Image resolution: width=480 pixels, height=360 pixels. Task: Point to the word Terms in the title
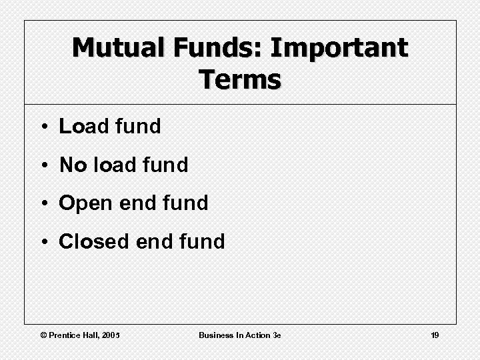point(240,79)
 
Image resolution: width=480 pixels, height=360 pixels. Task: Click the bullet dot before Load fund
point(42,127)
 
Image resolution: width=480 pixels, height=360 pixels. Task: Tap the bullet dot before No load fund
point(42,165)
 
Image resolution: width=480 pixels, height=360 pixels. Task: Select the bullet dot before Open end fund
point(42,203)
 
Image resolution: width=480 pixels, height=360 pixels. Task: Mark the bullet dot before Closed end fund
point(42,242)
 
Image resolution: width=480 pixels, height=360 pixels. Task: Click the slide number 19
point(435,335)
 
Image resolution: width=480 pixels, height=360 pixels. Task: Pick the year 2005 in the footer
point(111,335)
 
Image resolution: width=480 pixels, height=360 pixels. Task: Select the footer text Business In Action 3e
point(240,335)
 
